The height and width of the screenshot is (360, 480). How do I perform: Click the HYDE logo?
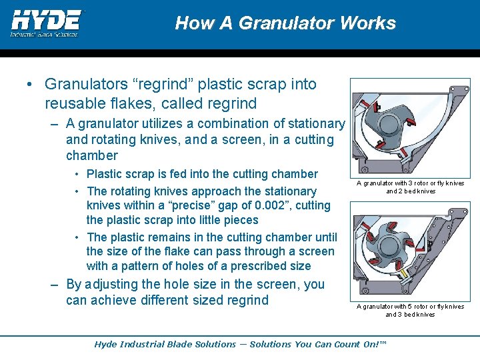click(x=45, y=23)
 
